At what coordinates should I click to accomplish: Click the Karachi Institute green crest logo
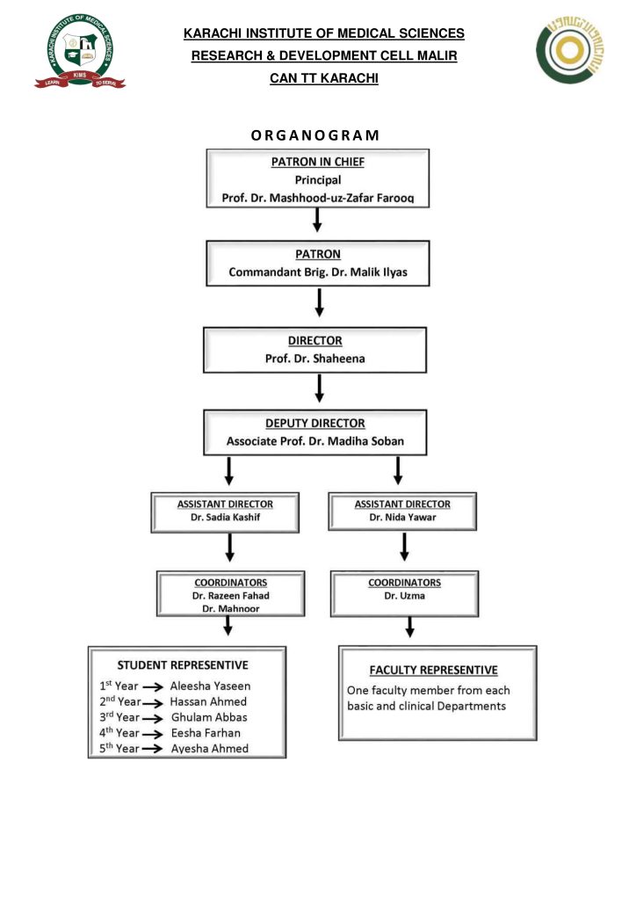[x=80, y=50]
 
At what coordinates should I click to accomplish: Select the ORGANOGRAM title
[x=315, y=135]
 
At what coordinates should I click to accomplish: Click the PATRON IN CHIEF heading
[x=318, y=162]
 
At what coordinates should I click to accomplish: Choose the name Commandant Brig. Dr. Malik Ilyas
[x=318, y=272]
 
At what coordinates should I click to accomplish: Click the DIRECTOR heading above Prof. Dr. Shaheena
[x=314, y=340]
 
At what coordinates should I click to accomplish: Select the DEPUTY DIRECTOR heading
[x=314, y=423]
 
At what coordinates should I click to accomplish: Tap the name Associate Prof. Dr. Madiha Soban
[x=314, y=440]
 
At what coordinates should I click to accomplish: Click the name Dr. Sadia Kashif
[x=225, y=519]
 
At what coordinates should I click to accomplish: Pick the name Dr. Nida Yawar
[x=402, y=519]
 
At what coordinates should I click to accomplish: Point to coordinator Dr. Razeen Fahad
[x=231, y=595]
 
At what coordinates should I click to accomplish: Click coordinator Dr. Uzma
[x=405, y=595]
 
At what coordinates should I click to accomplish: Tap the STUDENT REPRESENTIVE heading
[x=183, y=664]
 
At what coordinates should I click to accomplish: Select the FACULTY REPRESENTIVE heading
[x=433, y=670]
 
